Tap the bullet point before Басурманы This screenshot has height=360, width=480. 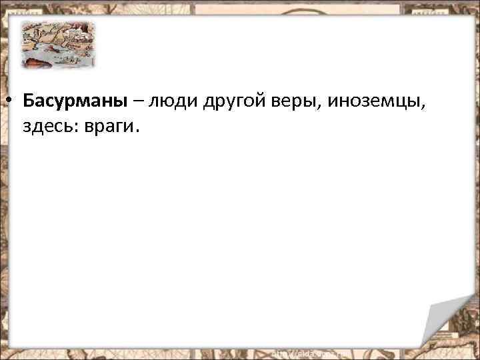11,101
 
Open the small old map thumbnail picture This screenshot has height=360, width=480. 57,44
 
